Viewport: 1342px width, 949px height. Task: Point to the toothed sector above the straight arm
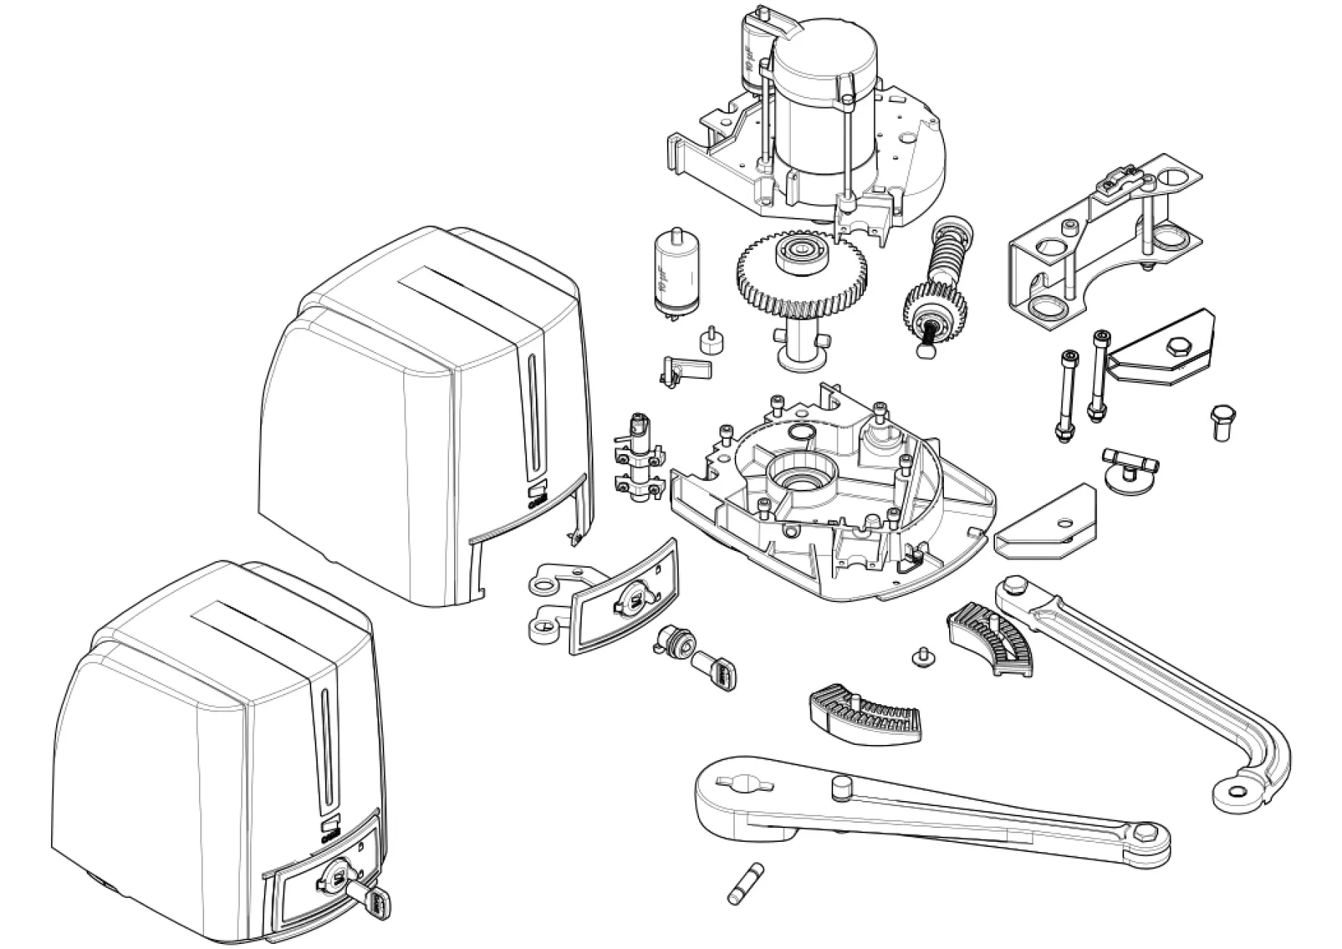coord(863,719)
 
